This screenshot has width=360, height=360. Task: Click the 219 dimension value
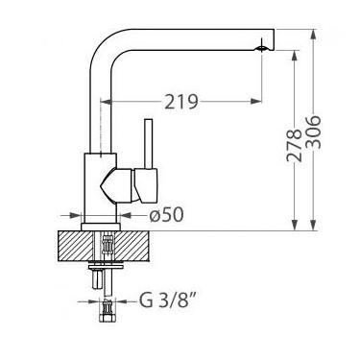pos(181,102)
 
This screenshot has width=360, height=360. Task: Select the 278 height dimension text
pos(294,146)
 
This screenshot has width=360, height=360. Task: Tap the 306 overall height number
pos(313,132)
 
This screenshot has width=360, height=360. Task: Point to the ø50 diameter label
pos(166,214)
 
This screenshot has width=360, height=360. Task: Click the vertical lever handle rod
pos(148,144)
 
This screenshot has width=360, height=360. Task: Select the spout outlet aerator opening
pos(262,48)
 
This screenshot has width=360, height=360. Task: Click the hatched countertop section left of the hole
pos(76,246)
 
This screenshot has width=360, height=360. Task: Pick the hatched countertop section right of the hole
pos(132,246)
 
